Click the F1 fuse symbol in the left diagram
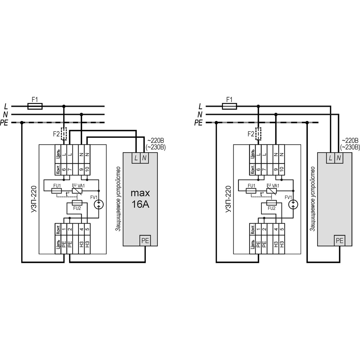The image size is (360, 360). [35, 106]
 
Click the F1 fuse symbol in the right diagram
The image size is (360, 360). [229, 106]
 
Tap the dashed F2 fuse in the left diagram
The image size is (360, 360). [64, 134]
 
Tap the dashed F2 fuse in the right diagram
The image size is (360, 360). [258, 134]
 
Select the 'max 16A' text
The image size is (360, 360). [140, 198]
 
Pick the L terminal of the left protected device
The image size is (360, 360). [136, 158]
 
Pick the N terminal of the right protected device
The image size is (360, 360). [339, 158]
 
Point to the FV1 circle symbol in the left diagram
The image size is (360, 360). [99, 204]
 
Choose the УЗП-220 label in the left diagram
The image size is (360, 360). [34, 200]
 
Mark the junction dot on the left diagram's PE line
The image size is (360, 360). [22, 123]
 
